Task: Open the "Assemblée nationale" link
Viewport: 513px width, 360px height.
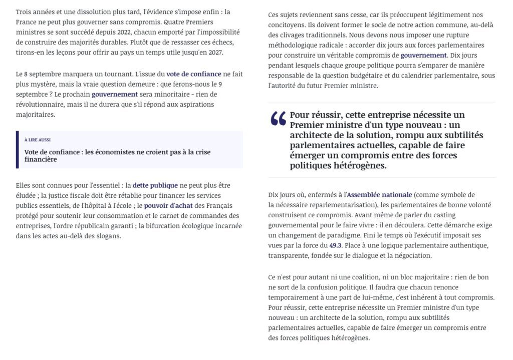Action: pyautogui.click(x=379, y=195)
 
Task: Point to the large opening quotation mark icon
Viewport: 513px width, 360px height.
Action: pyautogui.click(x=278, y=119)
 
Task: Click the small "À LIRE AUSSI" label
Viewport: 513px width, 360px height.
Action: pyautogui.click(x=38, y=140)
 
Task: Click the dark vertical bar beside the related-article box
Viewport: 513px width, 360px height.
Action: pyautogui.click(x=18, y=150)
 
